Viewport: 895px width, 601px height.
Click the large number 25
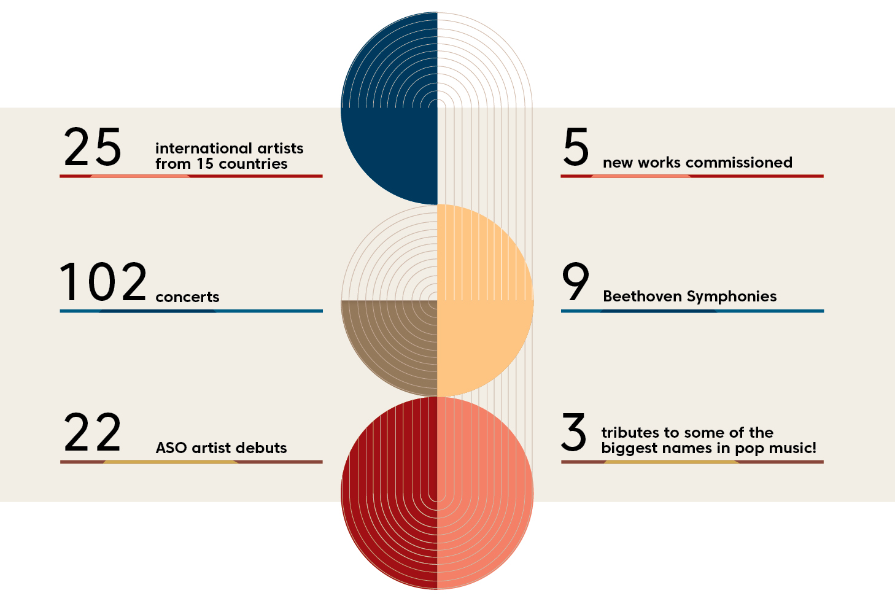click(92, 147)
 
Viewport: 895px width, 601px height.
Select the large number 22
click(92, 432)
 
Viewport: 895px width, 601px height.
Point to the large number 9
click(575, 281)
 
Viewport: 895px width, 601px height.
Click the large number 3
click(574, 432)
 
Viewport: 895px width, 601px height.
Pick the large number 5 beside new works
click(576, 147)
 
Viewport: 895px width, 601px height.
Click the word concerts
click(187, 297)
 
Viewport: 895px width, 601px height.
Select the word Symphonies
click(732, 297)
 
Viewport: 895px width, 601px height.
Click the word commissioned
click(739, 162)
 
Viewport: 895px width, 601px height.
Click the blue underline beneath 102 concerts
click(191, 311)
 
